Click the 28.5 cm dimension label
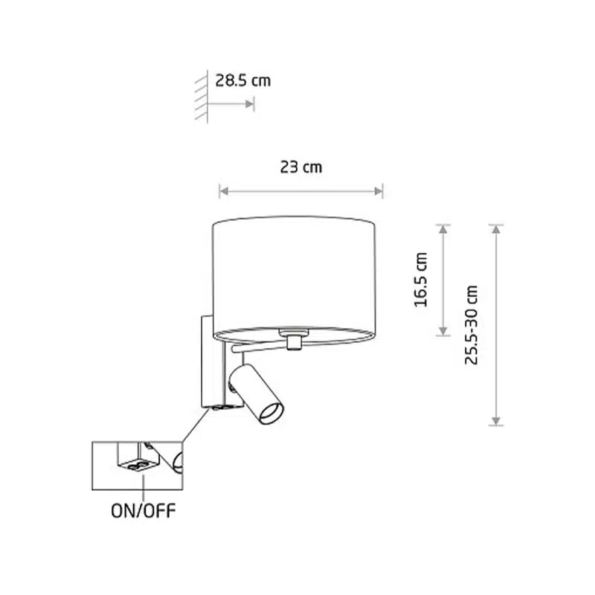[x=243, y=80]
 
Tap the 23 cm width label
[x=301, y=167]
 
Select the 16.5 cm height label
[x=420, y=280]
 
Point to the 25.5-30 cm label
[x=472, y=325]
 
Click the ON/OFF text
[x=144, y=511]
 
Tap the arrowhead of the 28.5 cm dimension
[x=250, y=104]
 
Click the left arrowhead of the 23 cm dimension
[x=224, y=191]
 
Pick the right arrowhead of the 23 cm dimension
[x=379, y=191]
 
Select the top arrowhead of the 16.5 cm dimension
[x=443, y=228]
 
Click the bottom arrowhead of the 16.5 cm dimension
[x=443, y=331]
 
